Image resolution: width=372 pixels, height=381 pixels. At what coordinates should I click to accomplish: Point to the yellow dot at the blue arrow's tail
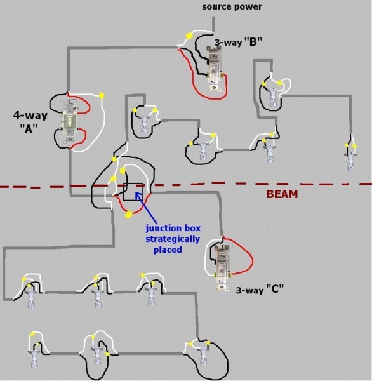129,215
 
